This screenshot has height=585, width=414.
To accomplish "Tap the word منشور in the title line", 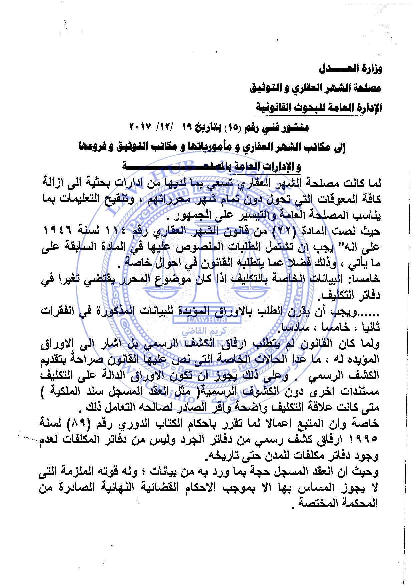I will (x=297, y=128).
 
